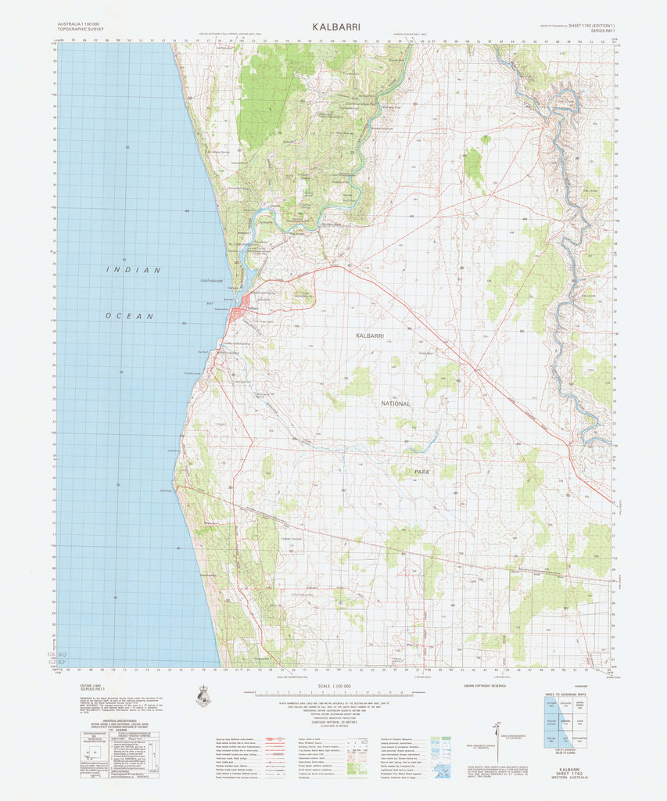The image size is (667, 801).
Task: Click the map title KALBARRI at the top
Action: tap(336, 26)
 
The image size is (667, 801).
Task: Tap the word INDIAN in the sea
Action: tap(134, 270)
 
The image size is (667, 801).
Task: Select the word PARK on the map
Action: tap(422, 472)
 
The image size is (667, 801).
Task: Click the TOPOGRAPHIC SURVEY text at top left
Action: tap(80, 31)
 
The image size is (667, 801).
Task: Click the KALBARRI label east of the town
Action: tap(370, 335)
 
